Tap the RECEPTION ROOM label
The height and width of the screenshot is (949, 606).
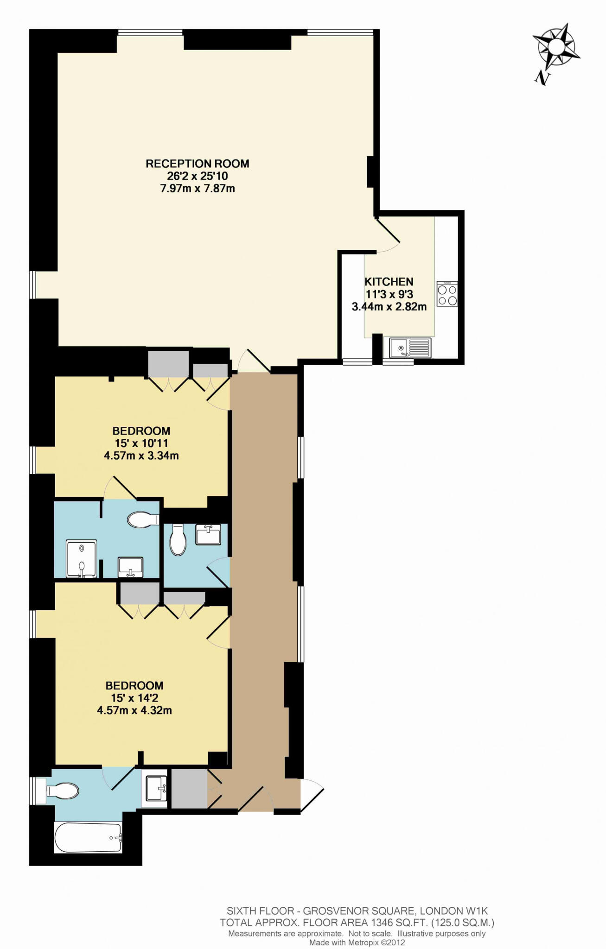click(x=198, y=164)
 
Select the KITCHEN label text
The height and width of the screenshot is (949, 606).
click(x=389, y=282)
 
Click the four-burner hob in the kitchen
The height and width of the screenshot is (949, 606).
click(x=447, y=294)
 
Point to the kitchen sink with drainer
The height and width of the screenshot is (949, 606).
click(x=410, y=348)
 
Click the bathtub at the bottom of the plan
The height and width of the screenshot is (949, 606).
click(x=89, y=837)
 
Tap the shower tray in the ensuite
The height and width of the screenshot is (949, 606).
click(x=82, y=559)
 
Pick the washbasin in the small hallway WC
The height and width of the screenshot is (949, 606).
click(x=208, y=534)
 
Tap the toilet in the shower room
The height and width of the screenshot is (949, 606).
click(x=143, y=520)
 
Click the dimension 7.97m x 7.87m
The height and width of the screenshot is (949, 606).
click(x=198, y=189)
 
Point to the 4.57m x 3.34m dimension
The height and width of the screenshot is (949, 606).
click(x=141, y=456)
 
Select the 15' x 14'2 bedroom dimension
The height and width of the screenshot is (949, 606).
click(x=134, y=698)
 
